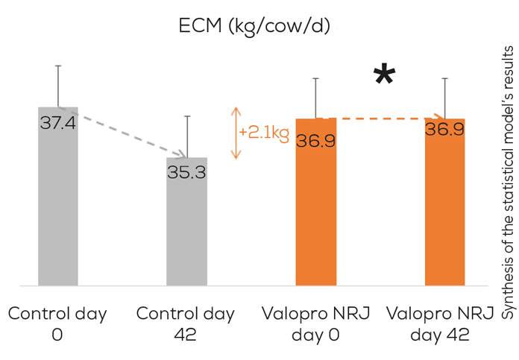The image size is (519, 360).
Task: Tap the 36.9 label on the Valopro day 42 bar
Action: click(444, 130)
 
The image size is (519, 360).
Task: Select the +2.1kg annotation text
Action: click(264, 133)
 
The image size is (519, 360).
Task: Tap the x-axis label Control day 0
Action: click(58, 323)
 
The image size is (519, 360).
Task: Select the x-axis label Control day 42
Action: click(186, 323)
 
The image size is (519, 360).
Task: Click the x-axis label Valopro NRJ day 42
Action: click(444, 323)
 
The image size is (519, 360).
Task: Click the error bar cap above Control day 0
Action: click(58, 66)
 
